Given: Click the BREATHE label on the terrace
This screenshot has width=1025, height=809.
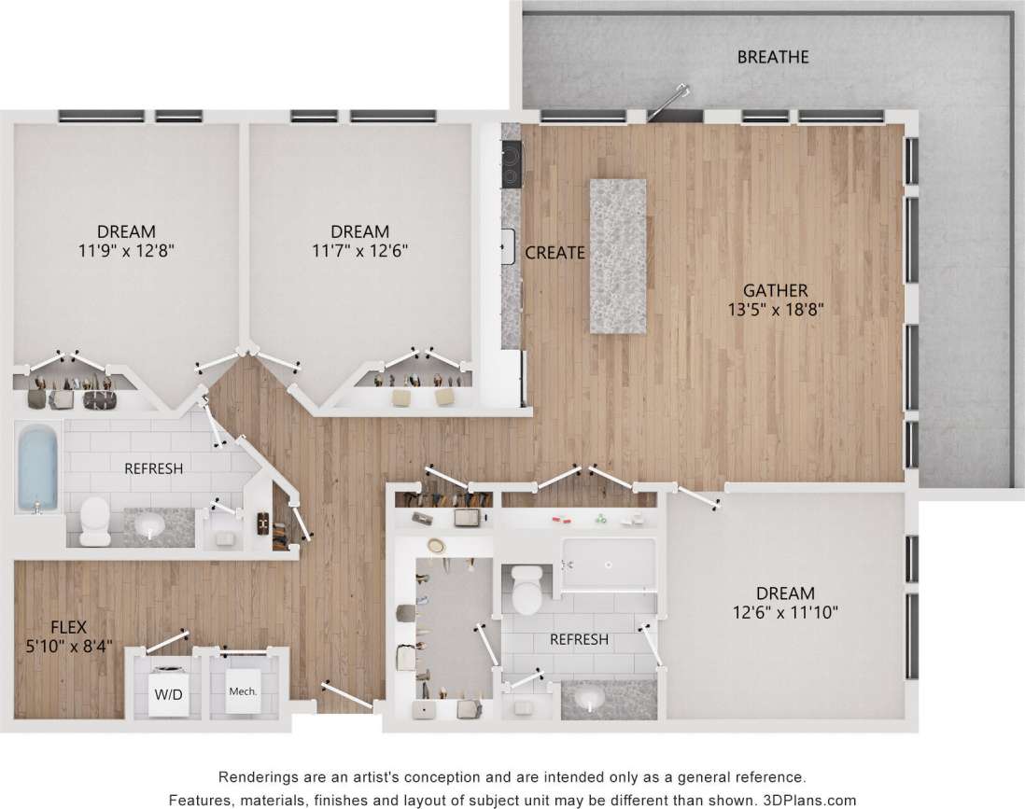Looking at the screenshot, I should click(773, 57).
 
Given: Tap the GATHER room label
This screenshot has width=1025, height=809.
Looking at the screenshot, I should click(775, 290).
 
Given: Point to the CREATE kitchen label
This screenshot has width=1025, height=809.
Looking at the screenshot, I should click(555, 252).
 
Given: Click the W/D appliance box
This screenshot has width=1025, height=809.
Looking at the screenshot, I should click(168, 693).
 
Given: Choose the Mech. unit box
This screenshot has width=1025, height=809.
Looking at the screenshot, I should click(243, 692).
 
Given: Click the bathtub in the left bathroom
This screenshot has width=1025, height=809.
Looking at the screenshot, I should click(37, 467).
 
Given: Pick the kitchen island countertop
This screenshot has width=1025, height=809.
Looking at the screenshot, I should click(617, 255).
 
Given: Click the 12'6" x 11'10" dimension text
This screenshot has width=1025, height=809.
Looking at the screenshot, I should click(785, 612).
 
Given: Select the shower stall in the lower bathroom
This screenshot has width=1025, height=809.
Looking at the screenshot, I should click(609, 562).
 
